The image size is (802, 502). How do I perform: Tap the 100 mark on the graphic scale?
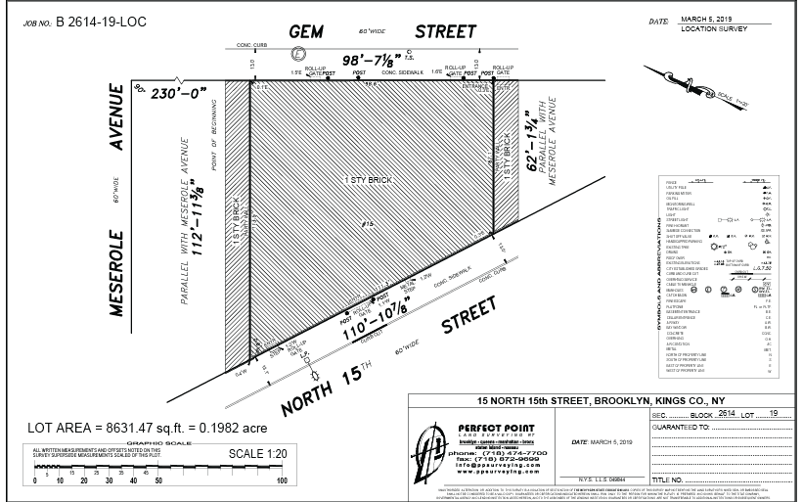282,480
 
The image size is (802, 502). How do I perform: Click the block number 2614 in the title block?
726,415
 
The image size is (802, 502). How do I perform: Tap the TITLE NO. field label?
671,480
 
